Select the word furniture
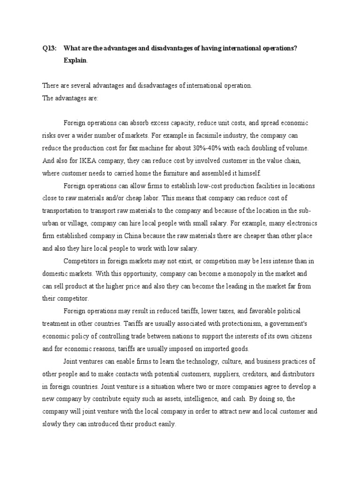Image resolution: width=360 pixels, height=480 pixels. pyautogui.click(x=179, y=172)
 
